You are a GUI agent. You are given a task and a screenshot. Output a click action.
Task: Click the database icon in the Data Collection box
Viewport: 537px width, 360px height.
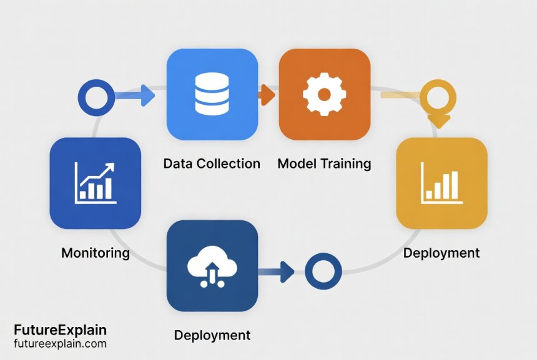pyautogui.click(x=212, y=94)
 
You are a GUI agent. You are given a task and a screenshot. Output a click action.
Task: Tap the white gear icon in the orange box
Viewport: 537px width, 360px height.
pyautogui.click(x=323, y=94)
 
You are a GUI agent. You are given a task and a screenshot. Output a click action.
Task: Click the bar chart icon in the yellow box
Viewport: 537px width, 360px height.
pyautogui.click(x=442, y=182)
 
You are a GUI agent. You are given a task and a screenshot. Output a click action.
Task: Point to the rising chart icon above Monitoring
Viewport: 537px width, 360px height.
pyautogui.click(x=95, y=182)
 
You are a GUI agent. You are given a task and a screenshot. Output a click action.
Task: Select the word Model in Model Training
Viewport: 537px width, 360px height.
pyautogui.click(x=296, y=164)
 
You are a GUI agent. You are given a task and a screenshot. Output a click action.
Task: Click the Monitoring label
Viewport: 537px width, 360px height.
pyautogui.click(x=96, y=253)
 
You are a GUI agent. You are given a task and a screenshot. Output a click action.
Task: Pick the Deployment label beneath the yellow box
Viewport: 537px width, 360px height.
pyautogui.click(x=441, y=253)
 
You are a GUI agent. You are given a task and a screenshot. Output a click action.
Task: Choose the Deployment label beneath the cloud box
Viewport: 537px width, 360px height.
pyautogui.click(x=212, y=335)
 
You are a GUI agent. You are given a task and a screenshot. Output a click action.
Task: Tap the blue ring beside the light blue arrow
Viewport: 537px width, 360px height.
pyautogui.click(x=96, y=97)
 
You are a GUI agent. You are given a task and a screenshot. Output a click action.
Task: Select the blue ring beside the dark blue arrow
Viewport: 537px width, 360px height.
pyautogui.click(x=323, y=271)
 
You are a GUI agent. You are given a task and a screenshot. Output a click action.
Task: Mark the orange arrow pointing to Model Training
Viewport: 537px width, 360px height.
pyautogui.click(x=267, y=95)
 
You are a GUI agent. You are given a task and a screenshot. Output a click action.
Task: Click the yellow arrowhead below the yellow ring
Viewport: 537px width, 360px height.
pyautogui.click(x=440, y=120)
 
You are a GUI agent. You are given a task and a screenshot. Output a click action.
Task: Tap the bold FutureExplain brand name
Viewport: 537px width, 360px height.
pyautogui.click(x=60, y=330)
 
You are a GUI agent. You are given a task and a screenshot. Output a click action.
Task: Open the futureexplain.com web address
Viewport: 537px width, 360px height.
pyautogui.click(x=60, y=344)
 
